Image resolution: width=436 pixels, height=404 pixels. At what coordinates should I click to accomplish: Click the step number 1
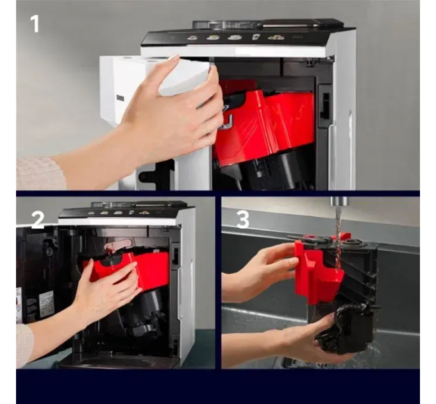34,24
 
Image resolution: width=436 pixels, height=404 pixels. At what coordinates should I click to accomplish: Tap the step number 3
243,219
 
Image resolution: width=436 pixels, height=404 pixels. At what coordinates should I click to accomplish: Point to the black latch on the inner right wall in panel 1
325,106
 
